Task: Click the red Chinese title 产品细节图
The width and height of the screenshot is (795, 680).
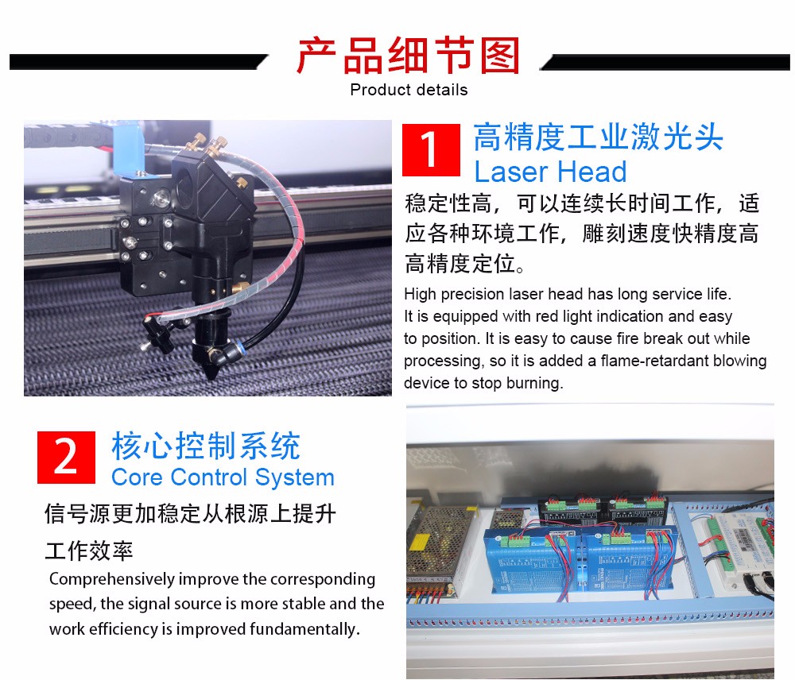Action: [408, 56]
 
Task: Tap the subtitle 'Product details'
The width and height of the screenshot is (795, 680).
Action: [409, 90]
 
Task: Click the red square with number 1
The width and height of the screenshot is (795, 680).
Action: [431, 150]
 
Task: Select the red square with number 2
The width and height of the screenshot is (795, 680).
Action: [66, 457]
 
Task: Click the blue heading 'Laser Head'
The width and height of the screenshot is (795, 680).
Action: [550, 172]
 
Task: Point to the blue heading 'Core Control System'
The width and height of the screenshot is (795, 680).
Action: [223, 477]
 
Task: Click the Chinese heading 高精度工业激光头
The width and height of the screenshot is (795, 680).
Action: [599, 137]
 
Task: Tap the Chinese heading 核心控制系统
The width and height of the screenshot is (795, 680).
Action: [206, 446]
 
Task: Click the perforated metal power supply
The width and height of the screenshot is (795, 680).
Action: [440, 545]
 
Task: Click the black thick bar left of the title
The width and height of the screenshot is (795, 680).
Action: [138, 62]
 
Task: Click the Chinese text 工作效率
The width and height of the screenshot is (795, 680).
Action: [89, 551]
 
